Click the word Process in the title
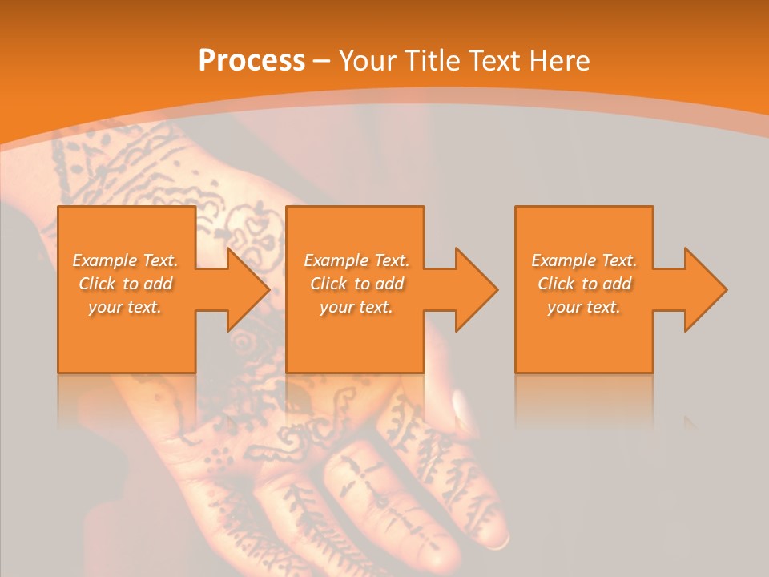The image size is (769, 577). (252, 61)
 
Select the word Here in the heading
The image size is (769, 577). (560, 61)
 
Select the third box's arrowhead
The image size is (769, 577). (704, 289)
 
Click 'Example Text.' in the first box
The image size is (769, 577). (125, 260)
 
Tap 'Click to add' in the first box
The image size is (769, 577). (126, 284)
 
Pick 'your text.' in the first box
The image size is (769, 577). (125, 307)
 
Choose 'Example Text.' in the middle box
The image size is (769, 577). (356, 260)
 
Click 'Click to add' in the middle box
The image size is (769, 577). (356, 284)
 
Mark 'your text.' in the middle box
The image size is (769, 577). (356, 307)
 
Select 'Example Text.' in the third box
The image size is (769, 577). (584, 260)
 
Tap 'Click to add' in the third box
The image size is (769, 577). (585, 284)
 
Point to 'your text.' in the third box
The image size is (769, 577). (584, 307)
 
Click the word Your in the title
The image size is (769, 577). (368, 61)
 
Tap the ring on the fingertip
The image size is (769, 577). (498, 543)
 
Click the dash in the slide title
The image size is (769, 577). (321, 62)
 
